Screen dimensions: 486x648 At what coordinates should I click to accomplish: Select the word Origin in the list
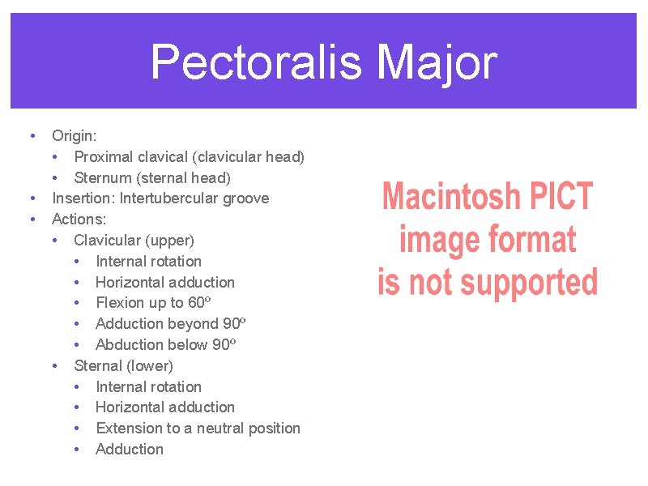click(73, 136)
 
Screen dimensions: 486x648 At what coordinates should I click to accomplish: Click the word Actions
click(79, 220)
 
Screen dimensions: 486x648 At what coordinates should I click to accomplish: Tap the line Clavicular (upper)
click(134, 241)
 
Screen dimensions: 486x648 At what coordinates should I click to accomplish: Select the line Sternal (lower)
click(123, 365)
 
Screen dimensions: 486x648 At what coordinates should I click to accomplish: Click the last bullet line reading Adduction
click(129, 450)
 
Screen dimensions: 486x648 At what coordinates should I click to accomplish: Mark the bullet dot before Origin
click(31, 135)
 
